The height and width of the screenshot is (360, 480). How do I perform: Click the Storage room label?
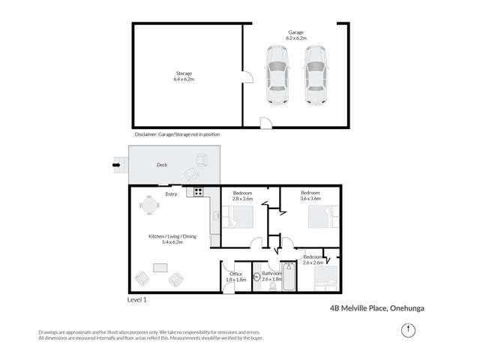tap(184, 76)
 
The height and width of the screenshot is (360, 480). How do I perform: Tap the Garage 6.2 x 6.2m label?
tap(296, 35)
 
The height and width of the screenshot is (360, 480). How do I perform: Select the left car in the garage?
tap(277, 75)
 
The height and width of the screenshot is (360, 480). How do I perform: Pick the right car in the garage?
tap(316, 75)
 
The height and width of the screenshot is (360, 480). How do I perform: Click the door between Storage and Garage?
tap(248, 77)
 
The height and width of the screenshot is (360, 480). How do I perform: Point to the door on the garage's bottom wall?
tap(266, 123)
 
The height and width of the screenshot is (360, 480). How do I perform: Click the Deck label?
tap(162, 165)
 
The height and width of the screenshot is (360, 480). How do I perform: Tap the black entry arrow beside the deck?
tap(116, 165)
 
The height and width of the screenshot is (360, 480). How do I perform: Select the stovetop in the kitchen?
tap(198, 192)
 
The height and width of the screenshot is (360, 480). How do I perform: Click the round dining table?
tap(149, 205)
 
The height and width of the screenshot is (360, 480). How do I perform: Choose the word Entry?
tap(171, 194)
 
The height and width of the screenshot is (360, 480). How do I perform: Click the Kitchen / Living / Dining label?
tap(172, 239)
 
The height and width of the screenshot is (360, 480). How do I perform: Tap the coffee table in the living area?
tap(160, 268)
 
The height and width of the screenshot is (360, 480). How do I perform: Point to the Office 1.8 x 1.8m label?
tap(235, 277)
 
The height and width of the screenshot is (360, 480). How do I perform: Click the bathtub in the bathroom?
tap(289, 277)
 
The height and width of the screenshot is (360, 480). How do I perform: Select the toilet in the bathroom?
tap(272, 286)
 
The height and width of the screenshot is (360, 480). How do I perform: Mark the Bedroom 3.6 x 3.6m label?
tap(310, 196)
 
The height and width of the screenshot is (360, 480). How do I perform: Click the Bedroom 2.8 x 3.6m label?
tap(242, 196)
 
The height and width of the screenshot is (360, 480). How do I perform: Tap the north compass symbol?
tap(408, 330)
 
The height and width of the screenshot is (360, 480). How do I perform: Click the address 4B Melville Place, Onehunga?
tap(377, 308)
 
